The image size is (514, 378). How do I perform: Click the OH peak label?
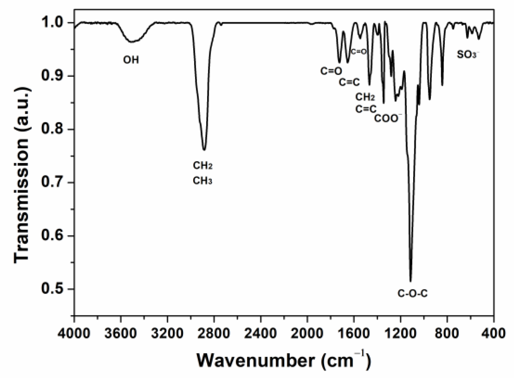[x=131, y=60]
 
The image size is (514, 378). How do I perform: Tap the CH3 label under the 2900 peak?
[x=202, y=181]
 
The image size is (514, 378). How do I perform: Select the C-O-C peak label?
[x=412, y=293]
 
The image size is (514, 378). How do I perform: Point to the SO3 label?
[x=468, y=55]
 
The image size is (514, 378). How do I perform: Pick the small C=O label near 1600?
[x=359, y=52]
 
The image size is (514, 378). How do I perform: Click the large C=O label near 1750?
[x=331, y=71]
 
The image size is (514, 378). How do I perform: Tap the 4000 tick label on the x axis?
[x=74, y=333]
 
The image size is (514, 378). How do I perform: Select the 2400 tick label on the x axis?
[x=261, y=333]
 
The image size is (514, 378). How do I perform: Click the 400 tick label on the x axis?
[x=493, y=333]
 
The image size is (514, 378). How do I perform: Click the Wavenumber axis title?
[x=283, y=360]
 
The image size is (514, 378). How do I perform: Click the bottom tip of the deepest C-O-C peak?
[x=410, y=281]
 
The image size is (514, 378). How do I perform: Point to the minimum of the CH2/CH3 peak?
[x=204, y=150]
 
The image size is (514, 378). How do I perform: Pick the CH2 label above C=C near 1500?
[x=365, y=97]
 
